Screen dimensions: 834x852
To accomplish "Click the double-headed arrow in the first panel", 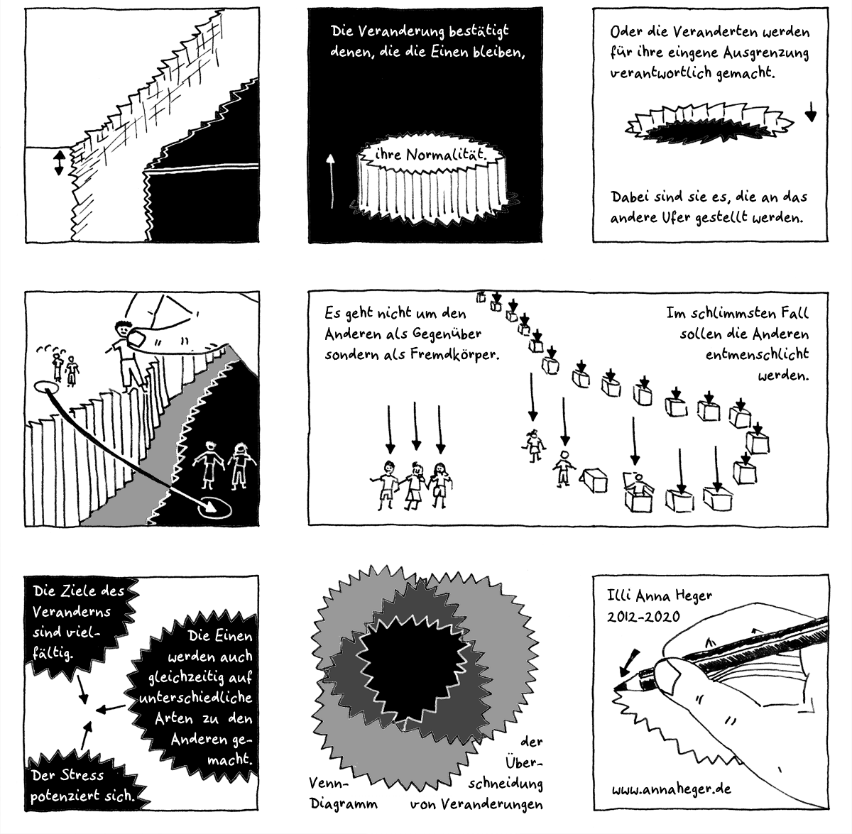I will [58, 163].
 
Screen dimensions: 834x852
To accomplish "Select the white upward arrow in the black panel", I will [329, 181].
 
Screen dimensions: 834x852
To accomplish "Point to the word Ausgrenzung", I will [770, 53].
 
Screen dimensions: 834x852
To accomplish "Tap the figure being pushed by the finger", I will [126, 355].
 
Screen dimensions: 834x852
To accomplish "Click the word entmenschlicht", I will [757, 353].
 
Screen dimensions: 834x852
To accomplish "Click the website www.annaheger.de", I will [671, 789].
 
